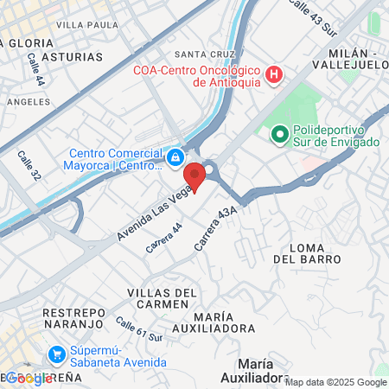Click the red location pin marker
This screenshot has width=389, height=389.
point(195,176)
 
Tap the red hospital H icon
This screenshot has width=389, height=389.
point(274,75)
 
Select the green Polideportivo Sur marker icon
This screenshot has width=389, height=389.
point(279,134)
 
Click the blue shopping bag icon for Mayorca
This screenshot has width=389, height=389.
point(175,156)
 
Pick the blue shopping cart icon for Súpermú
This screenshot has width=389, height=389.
point(57,354)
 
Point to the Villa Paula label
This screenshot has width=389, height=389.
point(87,25)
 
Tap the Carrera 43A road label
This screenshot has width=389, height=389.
point(215,228)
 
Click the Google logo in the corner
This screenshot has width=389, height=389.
point(29,378)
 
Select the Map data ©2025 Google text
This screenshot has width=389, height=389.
point(335,382)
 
